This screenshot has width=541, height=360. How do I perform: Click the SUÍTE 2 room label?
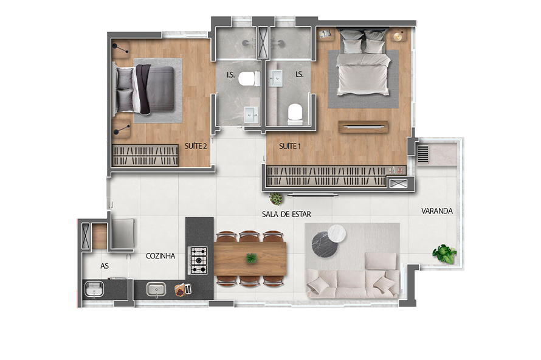click(195, 147)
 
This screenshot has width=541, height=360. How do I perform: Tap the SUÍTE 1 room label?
click(289, 147)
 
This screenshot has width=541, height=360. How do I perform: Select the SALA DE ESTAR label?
click(286, 215)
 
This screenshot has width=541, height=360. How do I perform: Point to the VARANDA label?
click(437, 211)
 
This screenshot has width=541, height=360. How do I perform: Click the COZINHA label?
click(160, 256)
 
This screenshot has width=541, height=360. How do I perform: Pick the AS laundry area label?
click(105, 266)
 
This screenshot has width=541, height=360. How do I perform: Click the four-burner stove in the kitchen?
click(199, 260)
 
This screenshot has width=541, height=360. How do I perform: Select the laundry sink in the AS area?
click(94, 290)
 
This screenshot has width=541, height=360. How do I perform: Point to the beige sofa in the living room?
click(353, 280)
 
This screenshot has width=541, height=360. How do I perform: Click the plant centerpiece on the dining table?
click(250, 258)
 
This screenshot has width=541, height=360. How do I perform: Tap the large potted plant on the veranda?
click(445, 253)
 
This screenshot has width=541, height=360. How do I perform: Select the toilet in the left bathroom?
click(249, 78)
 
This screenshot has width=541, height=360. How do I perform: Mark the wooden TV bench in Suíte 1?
click(364, 126)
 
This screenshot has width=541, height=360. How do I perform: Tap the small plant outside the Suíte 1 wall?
click(277, 199)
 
